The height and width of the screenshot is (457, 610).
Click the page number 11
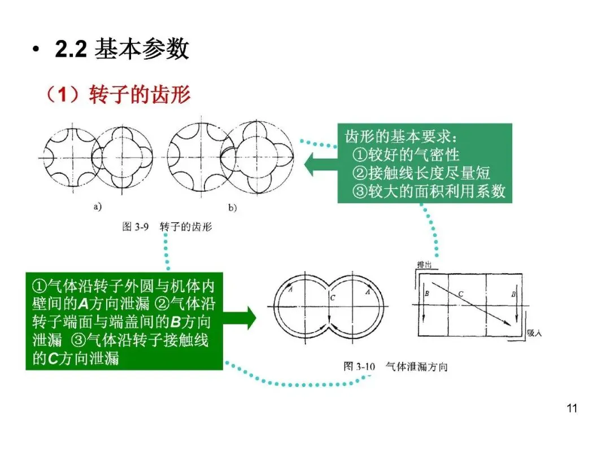click(x=572, y=408)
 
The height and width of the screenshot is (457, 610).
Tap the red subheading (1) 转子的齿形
click(x=118, y=95)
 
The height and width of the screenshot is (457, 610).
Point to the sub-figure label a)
click(x=98, y=206)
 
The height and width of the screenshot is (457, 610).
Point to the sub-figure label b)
click(x=232, y=208)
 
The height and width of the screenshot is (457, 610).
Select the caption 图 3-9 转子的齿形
click(x=167, y=227)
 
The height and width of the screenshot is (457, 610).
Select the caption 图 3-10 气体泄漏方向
click(x=395, y=367)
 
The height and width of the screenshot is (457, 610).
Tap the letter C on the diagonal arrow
click(x=461, y=293)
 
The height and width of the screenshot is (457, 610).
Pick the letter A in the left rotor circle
click(x=290, y=290)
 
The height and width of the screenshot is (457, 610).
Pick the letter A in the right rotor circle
click(x=368, y=292)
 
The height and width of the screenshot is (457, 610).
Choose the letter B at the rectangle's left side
click(x=427, y=294)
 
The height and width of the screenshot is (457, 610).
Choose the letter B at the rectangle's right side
click(x=513, y=294)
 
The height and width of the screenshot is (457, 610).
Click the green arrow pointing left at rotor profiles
click(x=320, y=165)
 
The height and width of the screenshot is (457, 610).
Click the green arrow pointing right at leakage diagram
click(x=239, y=318)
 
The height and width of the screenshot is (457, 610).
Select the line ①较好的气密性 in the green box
click(x=406, y=154)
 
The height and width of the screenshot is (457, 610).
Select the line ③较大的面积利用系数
click(x=429, y=191)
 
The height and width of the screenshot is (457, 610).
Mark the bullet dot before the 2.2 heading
click(x=37, y=51)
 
